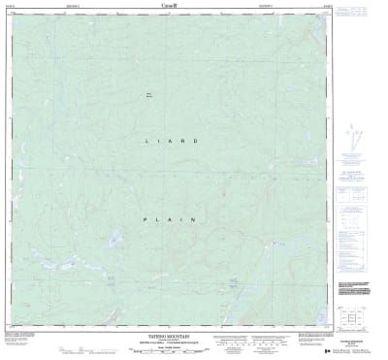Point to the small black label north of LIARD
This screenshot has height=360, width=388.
pos(149,94)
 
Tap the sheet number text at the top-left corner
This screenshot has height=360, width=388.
pos(11,5)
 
